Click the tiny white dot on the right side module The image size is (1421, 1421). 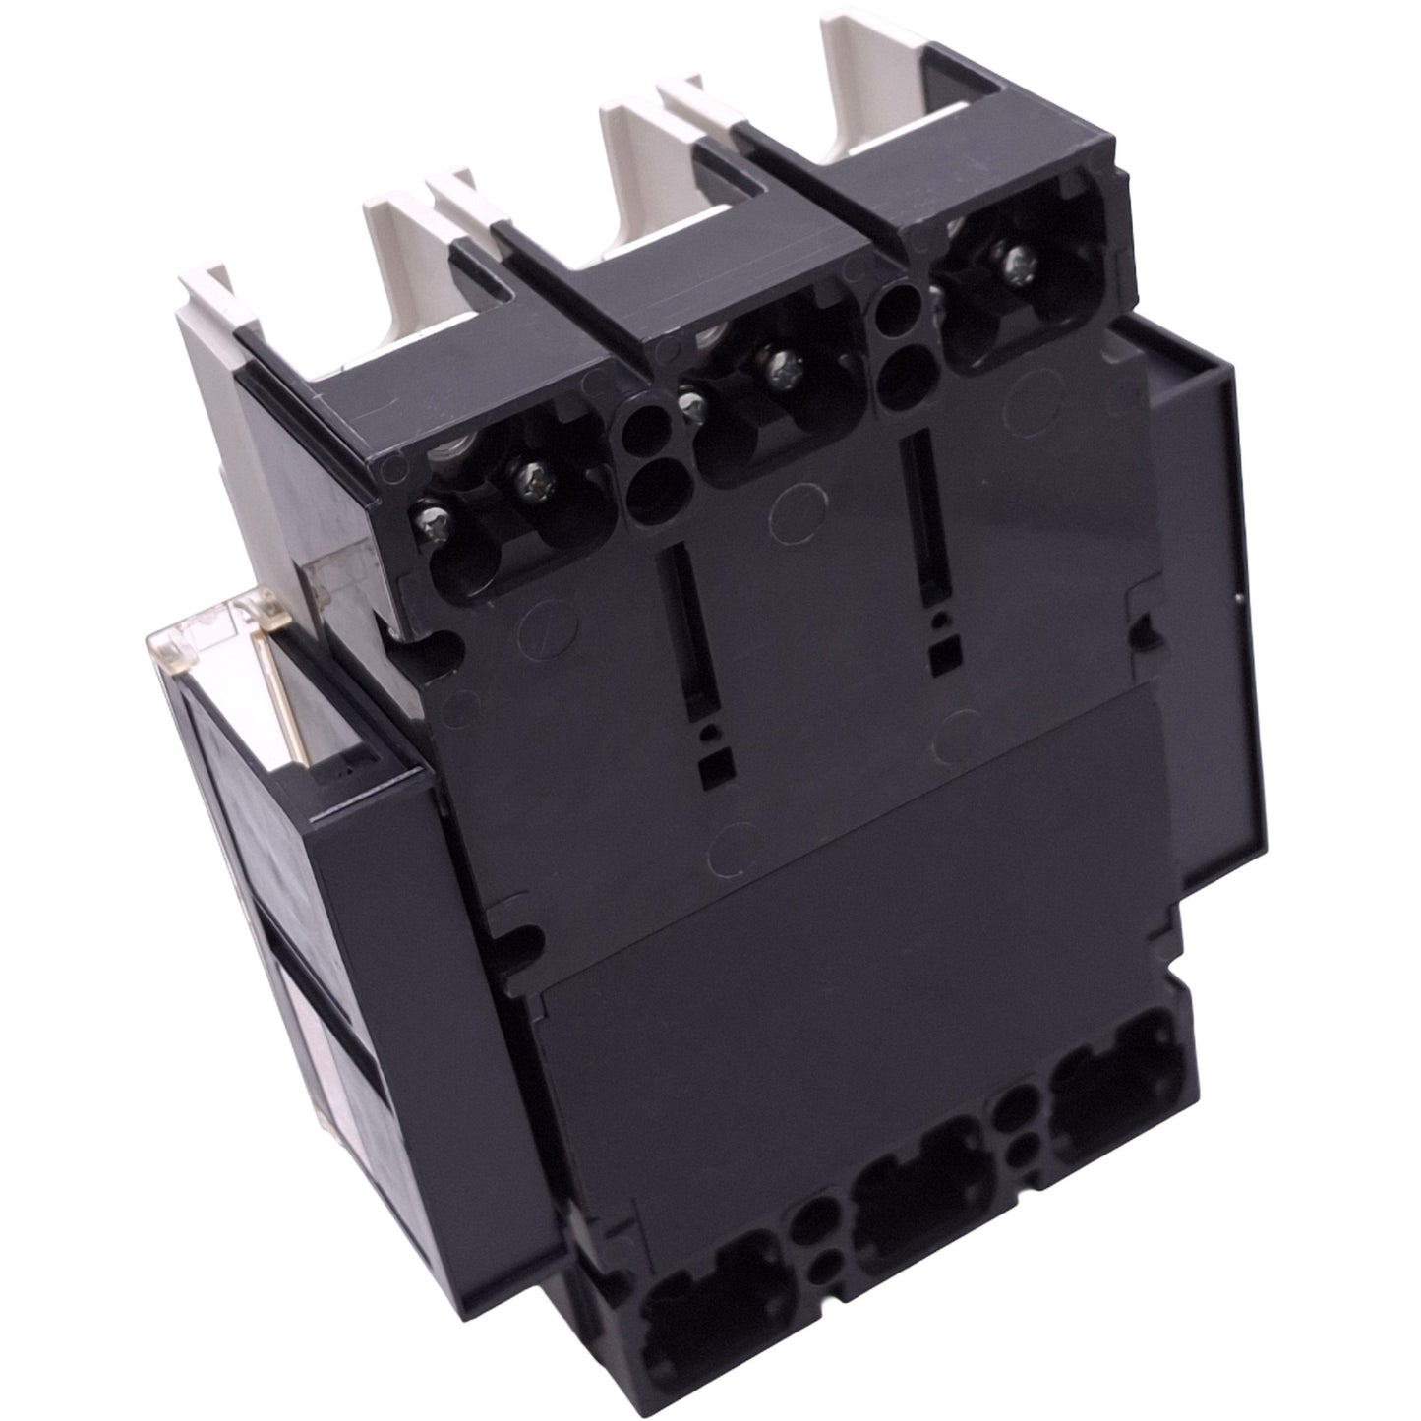pos(1238,598)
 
